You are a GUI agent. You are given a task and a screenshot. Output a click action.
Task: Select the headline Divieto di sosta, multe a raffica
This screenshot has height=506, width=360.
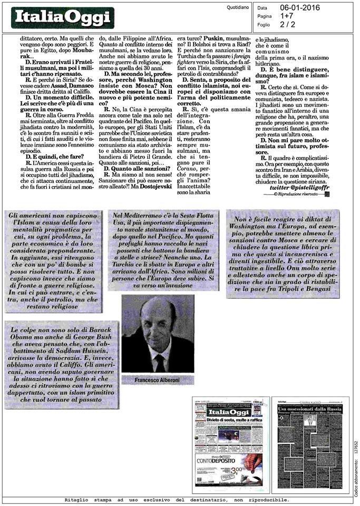click(x=228, y=419)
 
